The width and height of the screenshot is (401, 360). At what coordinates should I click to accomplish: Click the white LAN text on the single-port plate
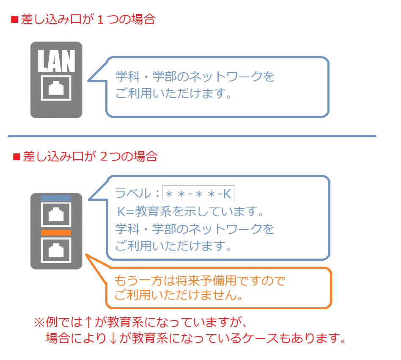tap(56, 61)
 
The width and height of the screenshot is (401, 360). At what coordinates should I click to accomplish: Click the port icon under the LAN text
tap(56, 88)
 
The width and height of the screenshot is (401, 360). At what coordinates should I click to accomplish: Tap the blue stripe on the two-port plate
tap(56, 198)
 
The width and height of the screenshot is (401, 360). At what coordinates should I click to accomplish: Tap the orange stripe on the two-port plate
tap(56, 232)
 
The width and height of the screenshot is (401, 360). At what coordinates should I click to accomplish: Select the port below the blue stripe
tap(56, 214)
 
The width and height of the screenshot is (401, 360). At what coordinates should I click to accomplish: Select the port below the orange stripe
tap(56, 250)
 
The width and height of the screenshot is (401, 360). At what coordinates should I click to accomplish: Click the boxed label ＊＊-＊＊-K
tap(198, 194)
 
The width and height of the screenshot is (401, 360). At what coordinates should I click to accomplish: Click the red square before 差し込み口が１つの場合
tap(14, 20)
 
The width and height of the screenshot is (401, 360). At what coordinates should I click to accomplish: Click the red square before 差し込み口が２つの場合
tap(16, 157)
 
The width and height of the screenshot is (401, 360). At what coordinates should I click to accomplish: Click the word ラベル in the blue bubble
tap(133, 194)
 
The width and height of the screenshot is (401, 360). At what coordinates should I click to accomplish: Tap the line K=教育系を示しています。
tap(190, 212)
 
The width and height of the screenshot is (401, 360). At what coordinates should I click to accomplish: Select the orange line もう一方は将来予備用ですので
tap(200, 281)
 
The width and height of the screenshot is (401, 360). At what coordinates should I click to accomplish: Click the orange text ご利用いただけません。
tap(178, 295)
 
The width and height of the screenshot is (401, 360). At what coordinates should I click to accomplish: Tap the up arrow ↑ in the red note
tap(88, 322)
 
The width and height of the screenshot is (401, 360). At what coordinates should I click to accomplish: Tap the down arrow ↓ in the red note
tap(113, 338)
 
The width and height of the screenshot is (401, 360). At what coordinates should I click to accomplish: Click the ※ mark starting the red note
tap(40, 322)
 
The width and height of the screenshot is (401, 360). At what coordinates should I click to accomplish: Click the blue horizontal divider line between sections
tap(192, 136)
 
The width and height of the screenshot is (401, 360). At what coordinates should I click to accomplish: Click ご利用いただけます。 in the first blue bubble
tap(173, 93)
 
